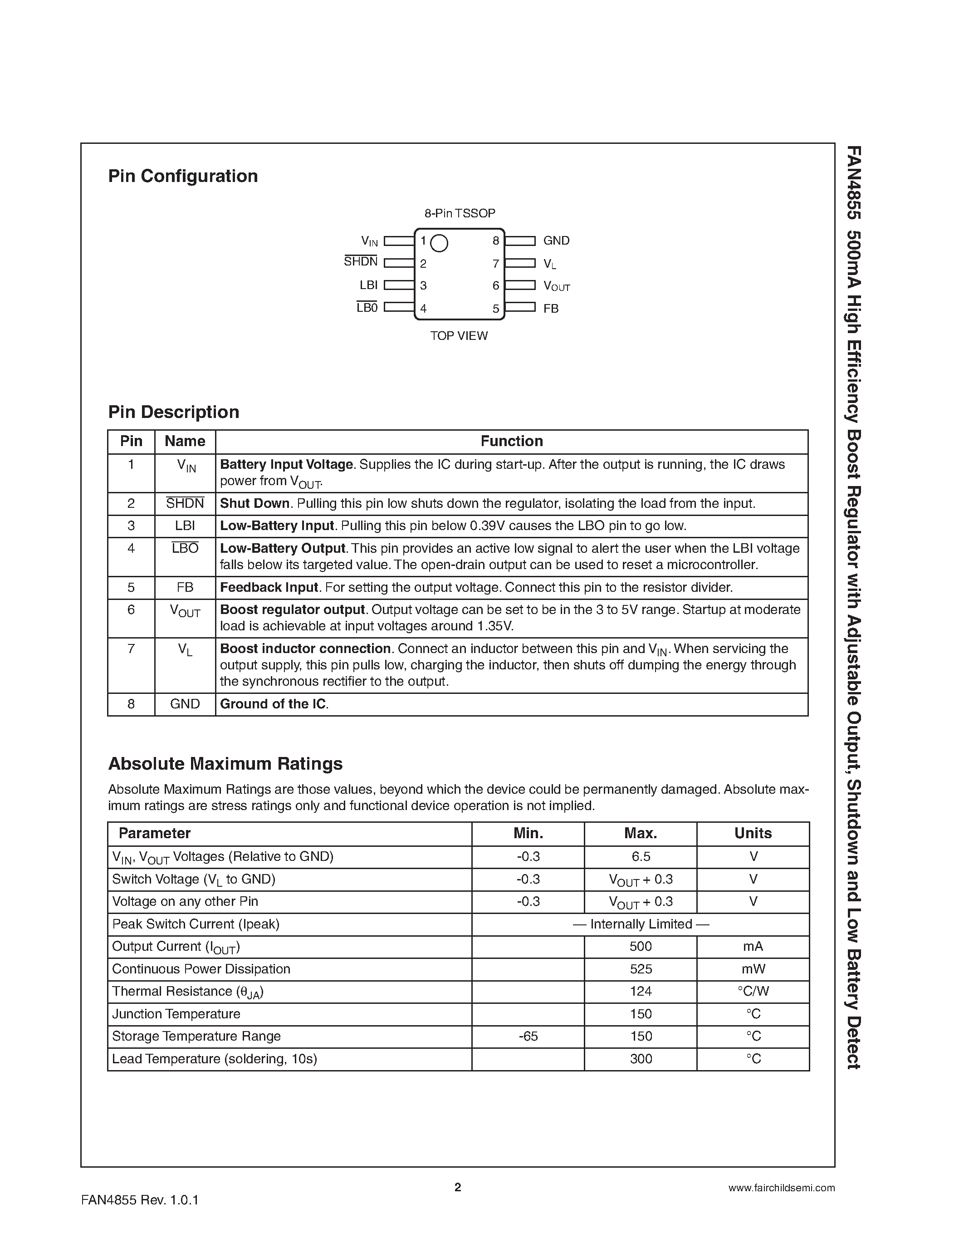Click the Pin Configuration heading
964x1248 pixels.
click(x=183, y=176)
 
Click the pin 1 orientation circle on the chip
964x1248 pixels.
click(x=439, y=243)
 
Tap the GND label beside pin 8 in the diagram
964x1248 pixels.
click(x=556, y=241)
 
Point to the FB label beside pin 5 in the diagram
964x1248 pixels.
click(x=551, y=309)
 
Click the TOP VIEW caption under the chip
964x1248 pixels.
click(x=459, y=336)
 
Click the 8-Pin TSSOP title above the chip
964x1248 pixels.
click(x=459, y=213)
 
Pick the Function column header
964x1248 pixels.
click(x=511, y=441)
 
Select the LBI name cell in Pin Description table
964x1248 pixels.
click(x=185, y=526)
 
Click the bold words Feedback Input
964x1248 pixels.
click(x=269, y=587)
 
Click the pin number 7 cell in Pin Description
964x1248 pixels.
click(x=131, y=649)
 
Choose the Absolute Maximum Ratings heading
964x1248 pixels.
click(x=225, y=764)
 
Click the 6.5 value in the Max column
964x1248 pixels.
click(x=640, y=856)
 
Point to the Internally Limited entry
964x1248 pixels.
click(x=640, y=924)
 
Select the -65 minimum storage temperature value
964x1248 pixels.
click(x=528, y=1036)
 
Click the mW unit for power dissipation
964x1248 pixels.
click(x=753, y=969)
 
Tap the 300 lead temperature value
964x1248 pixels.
click(x=640, y=1059)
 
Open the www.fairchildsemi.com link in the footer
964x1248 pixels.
click(x=781, y=1188)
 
